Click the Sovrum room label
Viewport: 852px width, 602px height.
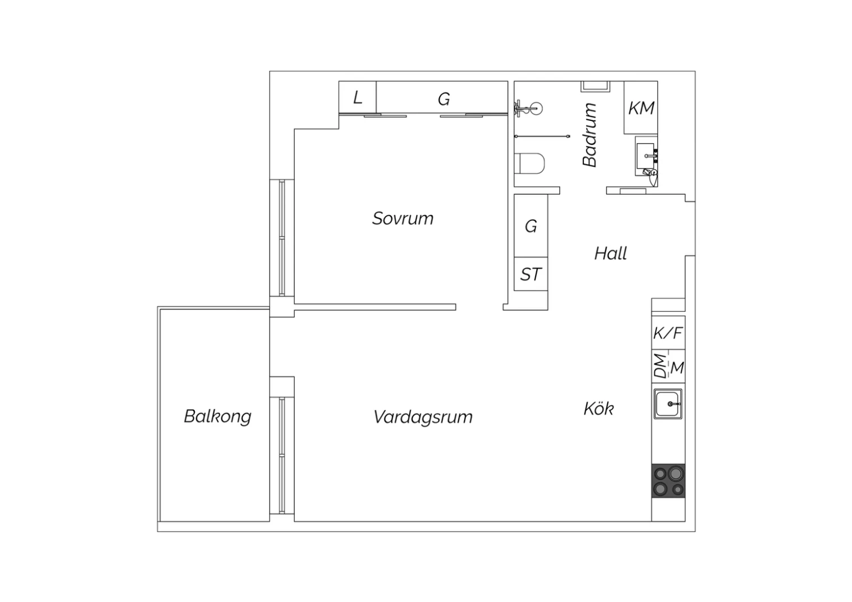(x=403, y=218)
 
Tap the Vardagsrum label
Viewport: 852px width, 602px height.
(x=423, y=417)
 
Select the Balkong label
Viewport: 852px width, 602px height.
(x=218, y=416)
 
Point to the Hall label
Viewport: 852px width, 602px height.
(x=611, y=253)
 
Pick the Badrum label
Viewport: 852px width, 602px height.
(x=590, y=135)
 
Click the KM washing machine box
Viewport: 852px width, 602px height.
(x=641, y=108)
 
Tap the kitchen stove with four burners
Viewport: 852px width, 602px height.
(x=669, y=480)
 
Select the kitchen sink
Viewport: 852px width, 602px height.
(x=668, y=404)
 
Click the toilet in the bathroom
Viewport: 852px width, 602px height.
(x=529, y=164)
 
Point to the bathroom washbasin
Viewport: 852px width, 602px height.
(x=646, y=156)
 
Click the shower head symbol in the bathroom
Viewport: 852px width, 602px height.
(x=529, y=109)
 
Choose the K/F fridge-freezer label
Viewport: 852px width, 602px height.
(x=668, y=333)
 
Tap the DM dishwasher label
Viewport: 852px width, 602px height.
(x=660, y=366)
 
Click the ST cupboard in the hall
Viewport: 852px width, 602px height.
(x=531, y=274)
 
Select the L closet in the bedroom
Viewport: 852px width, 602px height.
(x=357, y=97)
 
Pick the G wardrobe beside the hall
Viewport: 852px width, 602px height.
(x=531, y=226)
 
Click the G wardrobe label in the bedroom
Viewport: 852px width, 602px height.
(x=444, y=99)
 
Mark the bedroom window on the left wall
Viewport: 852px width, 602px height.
(x=282, y=238)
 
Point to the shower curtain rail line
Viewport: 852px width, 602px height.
(x=542, y=136)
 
